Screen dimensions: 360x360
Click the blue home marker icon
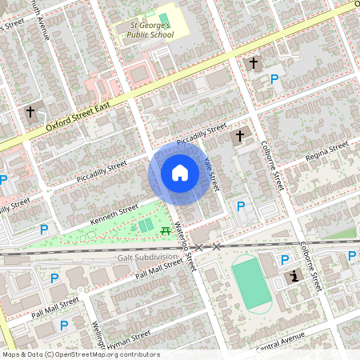click(180, 173)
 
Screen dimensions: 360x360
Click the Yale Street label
click(210, 174)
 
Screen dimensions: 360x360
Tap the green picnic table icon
click(165, 230)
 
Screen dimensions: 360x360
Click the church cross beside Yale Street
click(238, 138)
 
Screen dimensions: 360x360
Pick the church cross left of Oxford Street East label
click(30, 113)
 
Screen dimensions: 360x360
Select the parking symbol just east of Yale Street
click(241, 206)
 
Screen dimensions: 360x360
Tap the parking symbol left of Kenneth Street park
click(44, 230)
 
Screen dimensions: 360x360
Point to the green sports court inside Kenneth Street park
click(144, 226)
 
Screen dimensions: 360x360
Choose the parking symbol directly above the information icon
click(285, 259)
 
